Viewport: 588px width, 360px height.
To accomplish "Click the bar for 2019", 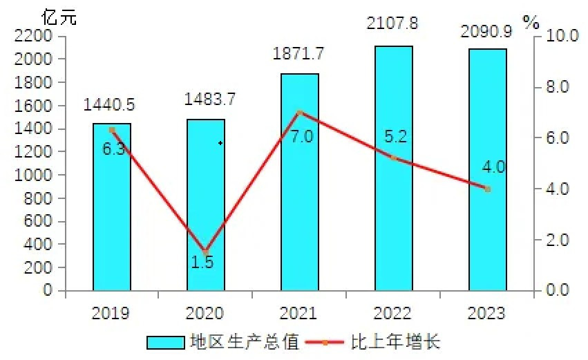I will (112, 207).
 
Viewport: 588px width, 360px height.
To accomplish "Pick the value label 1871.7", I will (300, 53).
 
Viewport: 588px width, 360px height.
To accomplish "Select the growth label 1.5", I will (202, 263).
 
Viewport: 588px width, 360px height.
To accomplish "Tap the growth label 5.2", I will (396, 136).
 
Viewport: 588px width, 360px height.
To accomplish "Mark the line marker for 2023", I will (487, 189).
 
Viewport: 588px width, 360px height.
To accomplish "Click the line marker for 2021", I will (299, 112).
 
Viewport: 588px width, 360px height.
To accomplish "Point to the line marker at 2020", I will (205, 252).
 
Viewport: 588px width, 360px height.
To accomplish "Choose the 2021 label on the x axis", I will (299, 314).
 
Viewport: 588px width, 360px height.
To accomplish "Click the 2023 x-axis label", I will (487, 314).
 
